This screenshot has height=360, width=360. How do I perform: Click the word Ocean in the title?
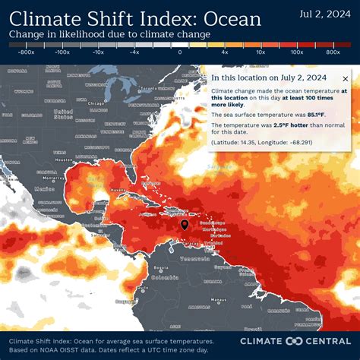pos(225,19)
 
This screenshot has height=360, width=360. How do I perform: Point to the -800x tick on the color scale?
pos(27,52)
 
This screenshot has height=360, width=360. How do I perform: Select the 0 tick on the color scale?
pos(180,52)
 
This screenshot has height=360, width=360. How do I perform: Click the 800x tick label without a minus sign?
pos(332,52)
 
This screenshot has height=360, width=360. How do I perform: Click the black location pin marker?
pos(185,225)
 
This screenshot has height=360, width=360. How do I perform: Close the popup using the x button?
pos(346,78)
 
